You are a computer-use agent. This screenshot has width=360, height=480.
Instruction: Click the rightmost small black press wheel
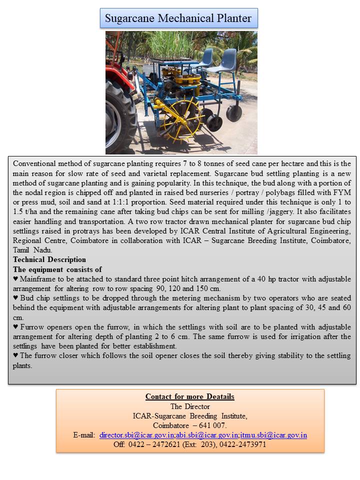[x=233, y=113]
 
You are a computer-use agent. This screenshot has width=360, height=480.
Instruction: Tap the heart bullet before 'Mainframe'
[x=15, y=279]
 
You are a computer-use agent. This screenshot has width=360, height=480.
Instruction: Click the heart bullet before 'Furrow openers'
[x=15, y=327]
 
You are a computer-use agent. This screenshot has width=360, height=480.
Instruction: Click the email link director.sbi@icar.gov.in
[x=136, y=435]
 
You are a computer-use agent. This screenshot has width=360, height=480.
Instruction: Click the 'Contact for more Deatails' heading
[x=190, y=396]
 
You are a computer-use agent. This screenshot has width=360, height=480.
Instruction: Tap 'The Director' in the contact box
[x=190, y=406]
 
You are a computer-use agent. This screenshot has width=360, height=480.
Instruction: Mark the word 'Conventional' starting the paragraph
[x=34, y=163]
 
